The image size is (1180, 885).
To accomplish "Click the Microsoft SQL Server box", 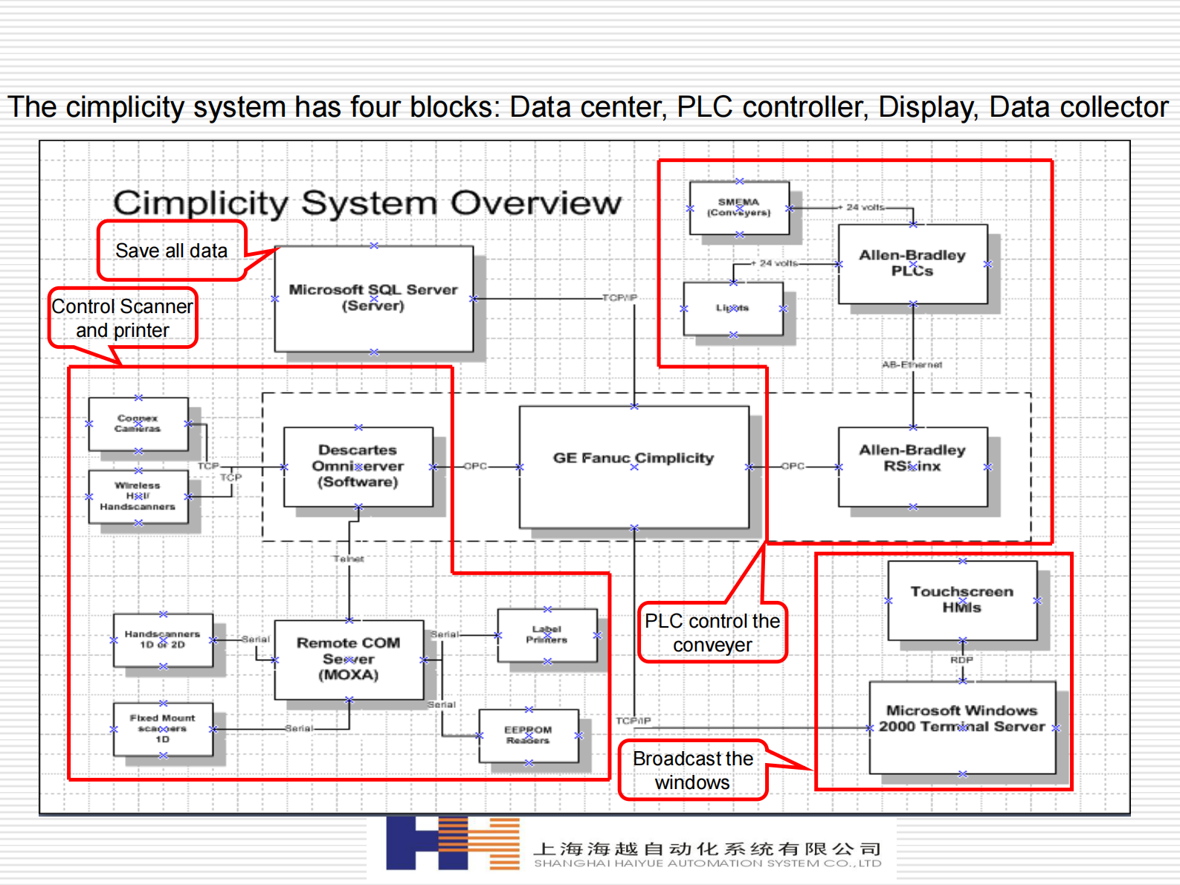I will (x=373, y=298).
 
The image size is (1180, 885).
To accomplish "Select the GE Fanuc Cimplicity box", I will (x=633, y=466).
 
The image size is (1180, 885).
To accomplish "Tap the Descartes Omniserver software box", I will (x=358, y=466).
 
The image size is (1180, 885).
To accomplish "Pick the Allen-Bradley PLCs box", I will (x=912, y=264).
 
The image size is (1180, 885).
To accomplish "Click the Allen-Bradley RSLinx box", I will (x=912, y=466).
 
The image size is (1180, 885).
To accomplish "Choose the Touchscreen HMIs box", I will (x=962, y=600).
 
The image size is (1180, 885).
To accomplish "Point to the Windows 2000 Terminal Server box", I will (x=962, y=727).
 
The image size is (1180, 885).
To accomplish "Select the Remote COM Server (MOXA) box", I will (x=349, y=659).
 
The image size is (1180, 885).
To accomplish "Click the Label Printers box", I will (x=547, y=634).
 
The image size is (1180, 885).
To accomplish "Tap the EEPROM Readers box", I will (x=528, y=735).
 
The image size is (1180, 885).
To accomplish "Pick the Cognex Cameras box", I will (x=138, y=424).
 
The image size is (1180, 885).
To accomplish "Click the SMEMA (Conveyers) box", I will (x=738, y=207).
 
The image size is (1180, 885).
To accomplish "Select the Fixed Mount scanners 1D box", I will (x=162, y=729).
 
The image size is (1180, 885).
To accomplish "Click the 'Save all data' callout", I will (x=172, y=251).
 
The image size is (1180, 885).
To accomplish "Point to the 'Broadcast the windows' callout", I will (x=692, y=770).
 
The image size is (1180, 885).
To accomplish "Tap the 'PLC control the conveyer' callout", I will (x=712, y=633).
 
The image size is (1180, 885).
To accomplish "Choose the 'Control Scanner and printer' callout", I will (x=123, y=318).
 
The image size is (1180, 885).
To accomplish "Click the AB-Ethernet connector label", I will (x=912, y=364).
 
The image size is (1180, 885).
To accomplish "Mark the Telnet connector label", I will (x=349, y=559).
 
